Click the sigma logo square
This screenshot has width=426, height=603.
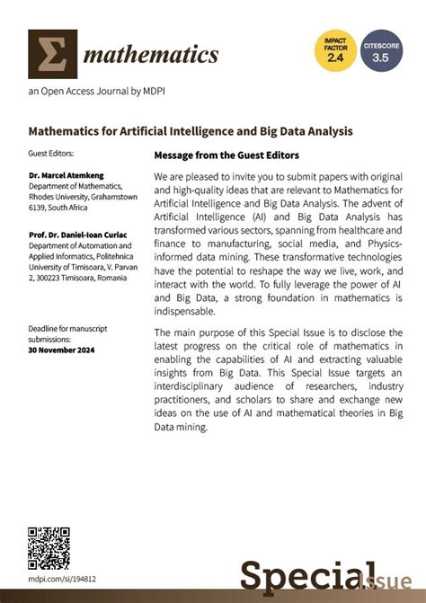point(52,54)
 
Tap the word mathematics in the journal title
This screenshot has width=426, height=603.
point(151,55)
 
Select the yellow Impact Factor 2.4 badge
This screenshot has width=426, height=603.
point(334,49)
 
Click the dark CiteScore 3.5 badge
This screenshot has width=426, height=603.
point(382,49)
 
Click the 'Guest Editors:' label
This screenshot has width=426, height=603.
point(51,154)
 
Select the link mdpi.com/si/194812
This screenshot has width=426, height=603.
point(62,580)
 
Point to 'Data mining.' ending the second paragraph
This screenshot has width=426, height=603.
point(181,427)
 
